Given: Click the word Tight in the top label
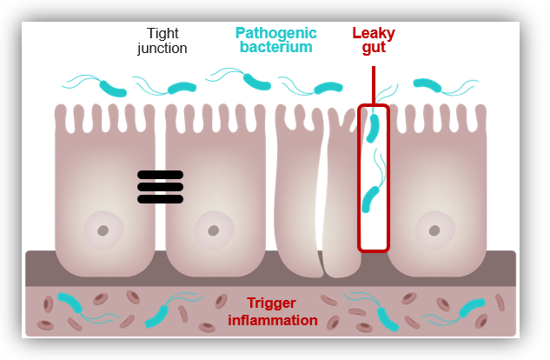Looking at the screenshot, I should pos(162,33).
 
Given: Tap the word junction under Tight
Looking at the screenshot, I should pos(162,48).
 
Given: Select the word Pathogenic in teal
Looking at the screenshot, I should pos(275,33).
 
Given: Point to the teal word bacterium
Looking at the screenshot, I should pos(275,47).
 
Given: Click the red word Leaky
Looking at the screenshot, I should pos(374,33).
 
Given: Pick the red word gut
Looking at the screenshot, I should pos(374,48).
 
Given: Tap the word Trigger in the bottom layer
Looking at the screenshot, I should pos(272,303).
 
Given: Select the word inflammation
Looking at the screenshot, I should pos(272,320).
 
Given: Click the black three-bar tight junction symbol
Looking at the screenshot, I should pos(161,186).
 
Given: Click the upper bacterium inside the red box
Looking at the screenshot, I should pos(374,129).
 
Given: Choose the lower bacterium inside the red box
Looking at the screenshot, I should pos(371,198).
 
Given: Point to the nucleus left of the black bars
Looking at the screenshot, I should pos(103,230).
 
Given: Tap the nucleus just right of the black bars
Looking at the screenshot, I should pos(211,231).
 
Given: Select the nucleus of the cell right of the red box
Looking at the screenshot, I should pos(431,231).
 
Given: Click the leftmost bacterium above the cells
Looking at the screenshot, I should pos(113,88).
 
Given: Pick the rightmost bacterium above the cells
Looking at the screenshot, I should pos(427,84).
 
